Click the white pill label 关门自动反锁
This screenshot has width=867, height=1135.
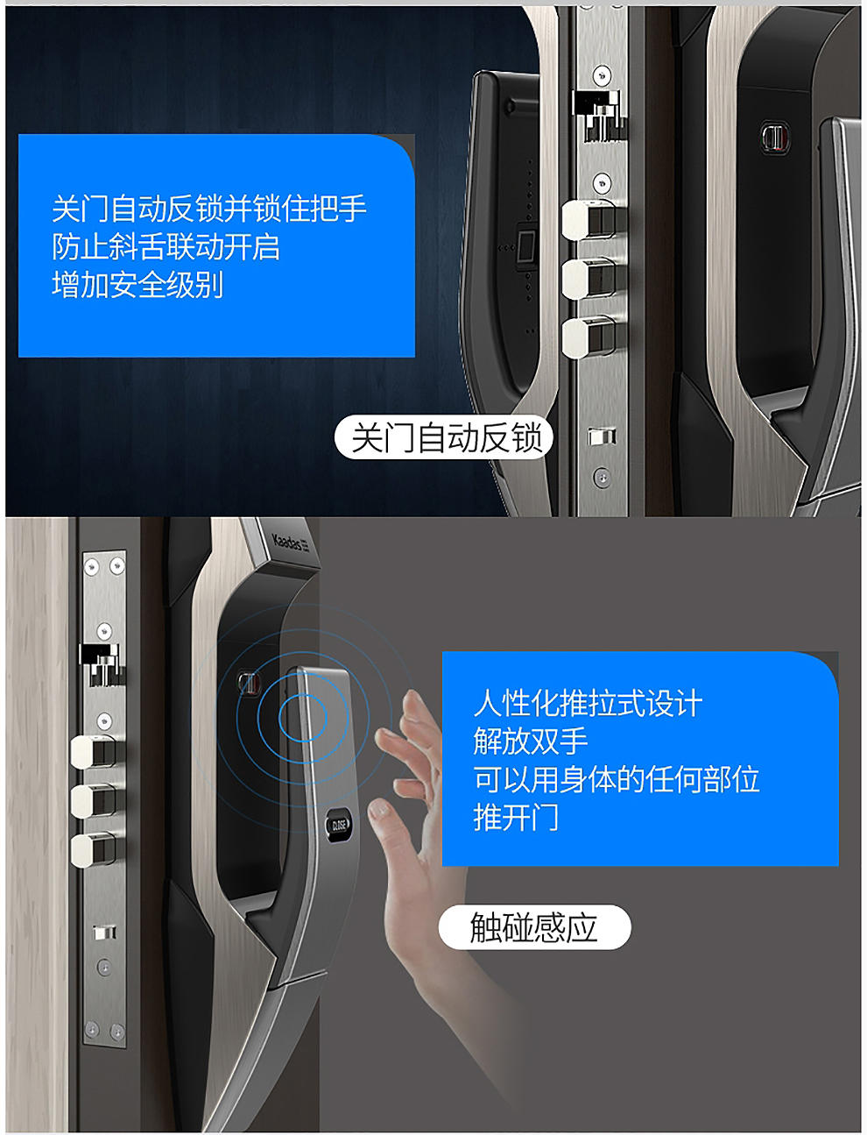[444, 437]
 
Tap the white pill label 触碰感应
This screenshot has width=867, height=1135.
[534, 927]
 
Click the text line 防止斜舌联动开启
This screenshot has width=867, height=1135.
[166, 246]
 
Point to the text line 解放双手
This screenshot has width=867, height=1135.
[531, 741]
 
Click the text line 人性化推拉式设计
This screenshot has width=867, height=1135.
[588, 703]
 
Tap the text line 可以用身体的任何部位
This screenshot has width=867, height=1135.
[617, 779]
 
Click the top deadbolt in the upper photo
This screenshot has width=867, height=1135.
[589, 220]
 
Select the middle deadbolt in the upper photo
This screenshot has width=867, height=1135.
[589, 280]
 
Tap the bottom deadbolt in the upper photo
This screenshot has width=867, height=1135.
[589, 338]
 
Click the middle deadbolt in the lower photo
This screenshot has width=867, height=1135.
[94, 801]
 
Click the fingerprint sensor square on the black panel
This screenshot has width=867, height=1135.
[526, 243]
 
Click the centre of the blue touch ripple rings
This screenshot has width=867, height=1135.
[303, 718]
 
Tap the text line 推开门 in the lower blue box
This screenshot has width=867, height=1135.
[516, 817]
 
